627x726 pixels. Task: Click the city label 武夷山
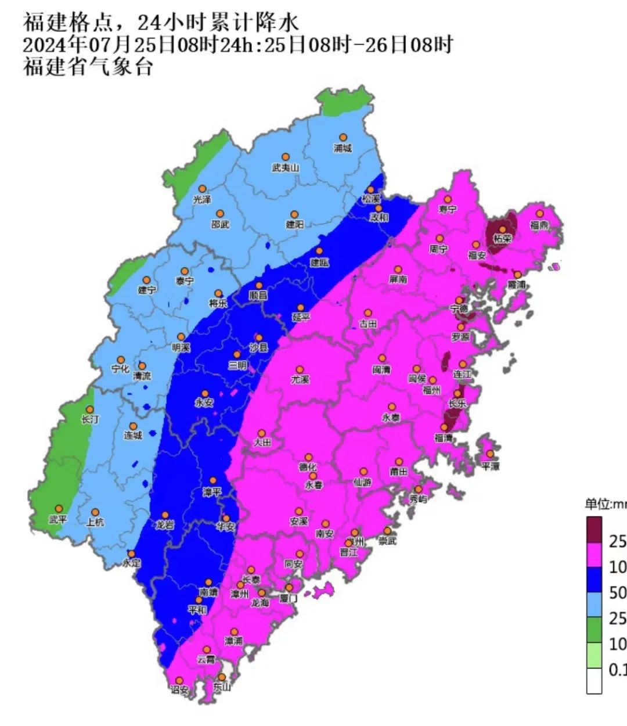click(x=285, y=168)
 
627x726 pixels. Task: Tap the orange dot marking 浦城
click(x=343, y=137)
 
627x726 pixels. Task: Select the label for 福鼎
click(x=539, y=225)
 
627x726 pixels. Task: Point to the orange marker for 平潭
click(x=491, y=454)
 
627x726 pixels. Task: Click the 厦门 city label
click(x=288, y=598)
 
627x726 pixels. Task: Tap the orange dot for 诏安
click(x=179, y=680)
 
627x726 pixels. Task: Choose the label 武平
click(x=58, y=520)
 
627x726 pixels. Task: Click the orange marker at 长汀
click(x=90, y=409)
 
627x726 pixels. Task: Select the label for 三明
click(x=237, y=365)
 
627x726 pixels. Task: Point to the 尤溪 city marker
click(x=300, y=369)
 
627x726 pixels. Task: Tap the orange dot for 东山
click(x=222, y=677)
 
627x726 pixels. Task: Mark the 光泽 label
click(x=202, y=200)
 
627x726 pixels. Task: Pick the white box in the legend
click(x=594, y=681)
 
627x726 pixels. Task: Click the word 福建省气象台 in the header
click(x=88, y=67)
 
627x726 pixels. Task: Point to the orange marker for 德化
click(x=309, y=457)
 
